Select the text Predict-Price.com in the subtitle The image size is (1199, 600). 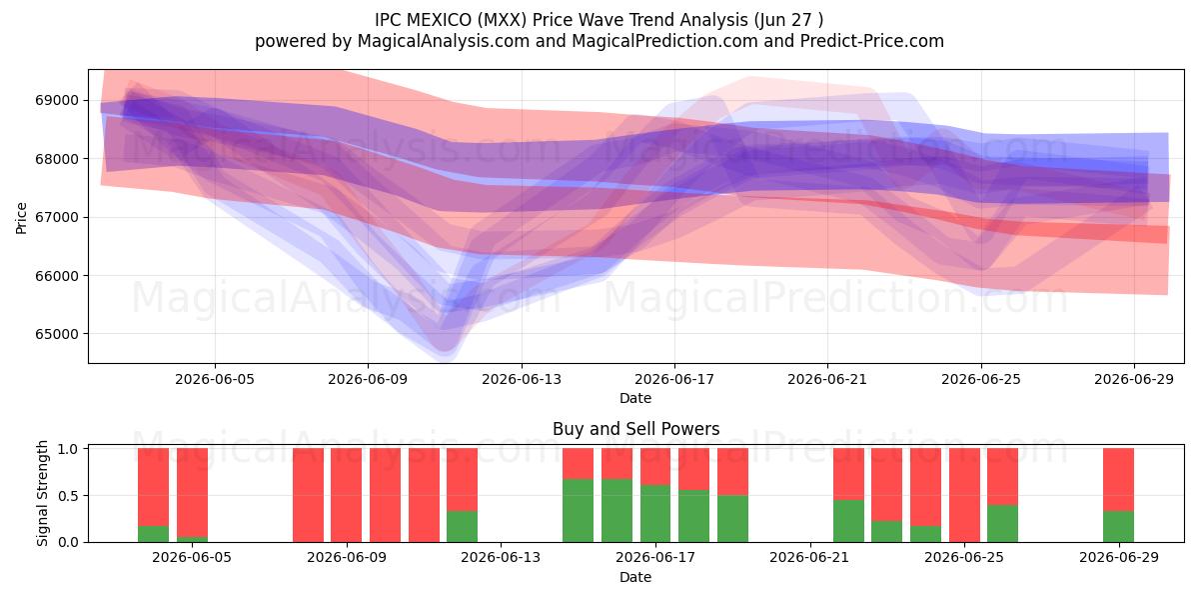tap(872, 41)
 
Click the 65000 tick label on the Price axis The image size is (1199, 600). tap(57, 334)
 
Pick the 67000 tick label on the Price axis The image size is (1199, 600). tap(57, 217)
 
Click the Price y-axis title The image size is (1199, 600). tap(21, 218)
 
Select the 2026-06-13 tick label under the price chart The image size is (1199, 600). tap(522, 379)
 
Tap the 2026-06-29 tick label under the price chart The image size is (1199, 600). tap(1134, 379)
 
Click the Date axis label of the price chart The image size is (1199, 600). tap(635, 398)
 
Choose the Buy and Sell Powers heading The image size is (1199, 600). tap(635, 429)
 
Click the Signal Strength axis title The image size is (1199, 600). tap(42, 493)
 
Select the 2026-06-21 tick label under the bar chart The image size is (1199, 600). tap(809, 557)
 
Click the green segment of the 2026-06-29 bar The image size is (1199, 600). tap(1118, 527)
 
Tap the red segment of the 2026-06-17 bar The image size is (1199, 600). tap(655, 467)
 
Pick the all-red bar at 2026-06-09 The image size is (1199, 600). tap(347, 495)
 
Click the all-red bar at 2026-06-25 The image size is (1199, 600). tap(964, 495)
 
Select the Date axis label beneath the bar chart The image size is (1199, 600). tap(635, 577)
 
